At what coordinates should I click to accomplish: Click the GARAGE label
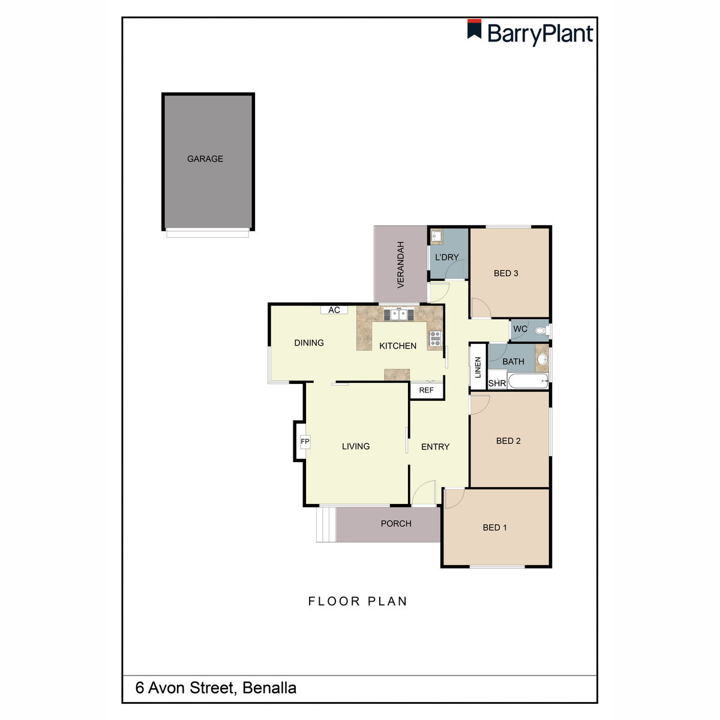(205, 159)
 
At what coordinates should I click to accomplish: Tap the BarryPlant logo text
(540, 34)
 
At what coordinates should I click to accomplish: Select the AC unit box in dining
(334, 310)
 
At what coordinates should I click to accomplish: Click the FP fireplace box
(305, 442)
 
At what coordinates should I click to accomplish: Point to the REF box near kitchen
(426, 391)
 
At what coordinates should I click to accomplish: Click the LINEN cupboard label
(478, 367)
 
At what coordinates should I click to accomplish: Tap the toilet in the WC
(541, 330)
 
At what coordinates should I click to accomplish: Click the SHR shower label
(497, 383)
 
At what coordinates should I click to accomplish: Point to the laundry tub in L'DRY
(436, 236)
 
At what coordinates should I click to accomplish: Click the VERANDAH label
(401, 265)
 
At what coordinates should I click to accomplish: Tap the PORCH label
(396, 524)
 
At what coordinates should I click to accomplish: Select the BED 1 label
(495, 527)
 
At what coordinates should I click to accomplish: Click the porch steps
(325, 524)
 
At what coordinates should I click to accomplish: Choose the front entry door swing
(425, 494)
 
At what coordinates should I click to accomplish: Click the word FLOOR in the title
(334, 601)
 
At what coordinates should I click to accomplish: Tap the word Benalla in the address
(269, 688)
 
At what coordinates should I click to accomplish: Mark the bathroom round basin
(542, 359)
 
